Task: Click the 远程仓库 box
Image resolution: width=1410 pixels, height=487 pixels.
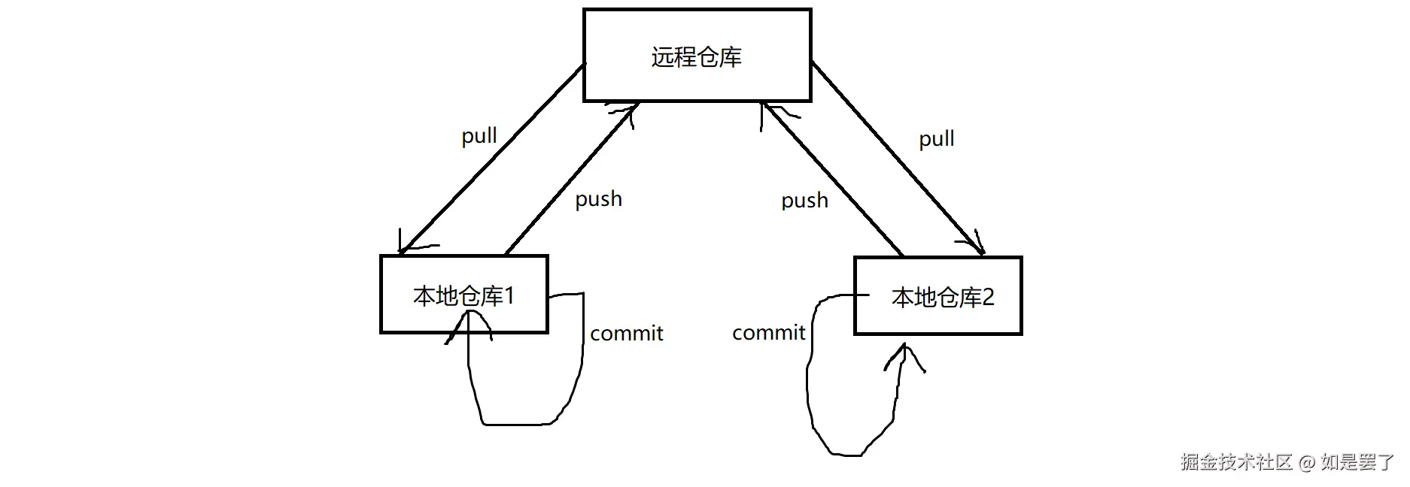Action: coord(697,56)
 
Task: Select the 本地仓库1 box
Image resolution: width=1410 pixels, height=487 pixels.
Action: coord(463,295)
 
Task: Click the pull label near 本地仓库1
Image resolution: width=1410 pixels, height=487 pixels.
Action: coord(479,136)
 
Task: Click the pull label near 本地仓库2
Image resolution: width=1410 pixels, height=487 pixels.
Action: coord(936,140)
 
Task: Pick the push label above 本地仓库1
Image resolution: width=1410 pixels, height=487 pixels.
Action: coord(598,200)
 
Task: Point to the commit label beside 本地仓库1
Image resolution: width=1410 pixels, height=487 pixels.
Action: coord(626,333)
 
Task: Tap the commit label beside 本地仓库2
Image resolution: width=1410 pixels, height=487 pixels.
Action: coord(768,332)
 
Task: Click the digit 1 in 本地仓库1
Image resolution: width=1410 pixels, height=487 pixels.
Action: coord(509,295)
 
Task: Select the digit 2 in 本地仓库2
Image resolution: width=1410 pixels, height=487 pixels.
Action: coord(988,298)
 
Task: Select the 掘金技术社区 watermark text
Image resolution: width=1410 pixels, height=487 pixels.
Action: coord(1235,461)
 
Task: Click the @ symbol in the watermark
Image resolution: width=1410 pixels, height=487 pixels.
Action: coord(1307,462)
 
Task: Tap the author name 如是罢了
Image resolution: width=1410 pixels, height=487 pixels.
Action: coord(1357,461)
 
